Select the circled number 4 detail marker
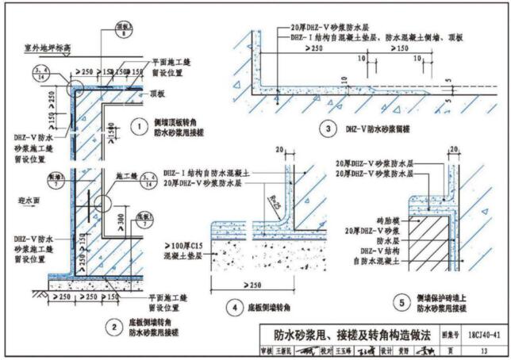tap(233, 306)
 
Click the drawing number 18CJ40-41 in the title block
tap(478, 335)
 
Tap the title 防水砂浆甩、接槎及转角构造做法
tap(346, 335)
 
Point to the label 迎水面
tap(29, 200)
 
